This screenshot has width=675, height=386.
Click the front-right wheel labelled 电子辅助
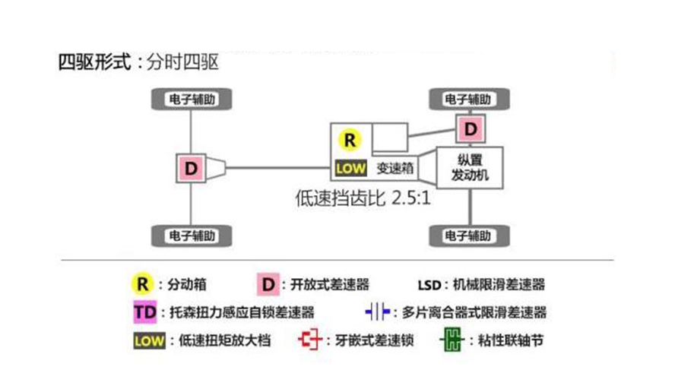[468, 100]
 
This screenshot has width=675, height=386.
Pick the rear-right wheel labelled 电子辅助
[468, 235]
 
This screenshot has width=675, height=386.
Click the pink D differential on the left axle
[191, 167]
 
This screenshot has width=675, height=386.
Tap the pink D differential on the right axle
[471, 129]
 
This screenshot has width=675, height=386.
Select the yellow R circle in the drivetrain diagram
[350, 140]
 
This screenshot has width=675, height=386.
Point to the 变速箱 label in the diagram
[394, 167]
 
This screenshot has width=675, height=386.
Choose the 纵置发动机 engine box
[470, 168]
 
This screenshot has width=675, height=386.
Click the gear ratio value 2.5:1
[411, 199]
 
